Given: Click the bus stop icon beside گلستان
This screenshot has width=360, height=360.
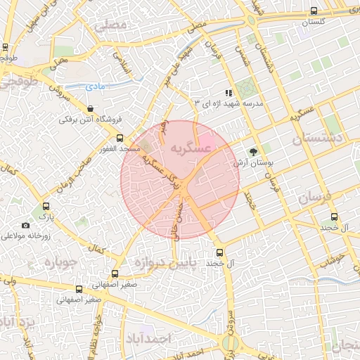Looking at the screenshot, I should click(x=314, y=11).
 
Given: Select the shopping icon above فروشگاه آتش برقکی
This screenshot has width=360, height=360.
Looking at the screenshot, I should click(x=91, y=108).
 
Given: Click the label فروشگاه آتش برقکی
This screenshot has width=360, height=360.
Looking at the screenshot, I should click(x=91, y=120).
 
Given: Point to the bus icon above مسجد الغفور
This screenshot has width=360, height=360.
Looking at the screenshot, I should click(x=120, y=138).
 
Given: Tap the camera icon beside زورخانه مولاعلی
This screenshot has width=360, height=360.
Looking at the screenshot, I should click(x=26, y=225).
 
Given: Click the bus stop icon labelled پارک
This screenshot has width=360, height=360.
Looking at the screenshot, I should click(x=46, y=207).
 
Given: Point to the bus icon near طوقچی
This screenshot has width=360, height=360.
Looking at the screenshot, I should click(x=6, y=48).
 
